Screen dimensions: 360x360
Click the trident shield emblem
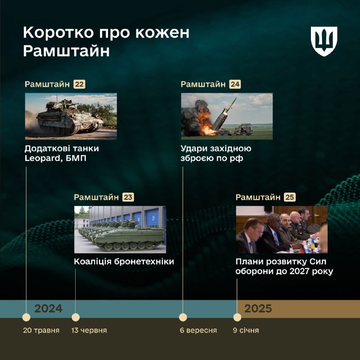[324, 41]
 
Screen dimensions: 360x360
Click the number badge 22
[79, 84]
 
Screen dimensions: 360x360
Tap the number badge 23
[128, 197]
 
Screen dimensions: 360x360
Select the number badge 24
[234, 84]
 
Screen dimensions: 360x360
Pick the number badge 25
[290, 197]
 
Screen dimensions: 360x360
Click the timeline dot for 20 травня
[26, 317]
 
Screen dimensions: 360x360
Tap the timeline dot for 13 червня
[76, 317]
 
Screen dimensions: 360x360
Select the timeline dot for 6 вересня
[183, 317]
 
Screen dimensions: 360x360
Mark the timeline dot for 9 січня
[237, 317]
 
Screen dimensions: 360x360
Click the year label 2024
[48, 309]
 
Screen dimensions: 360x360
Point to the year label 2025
[258, 309]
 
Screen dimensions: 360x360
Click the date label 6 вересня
[198, 330]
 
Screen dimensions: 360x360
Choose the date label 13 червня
[89, 330]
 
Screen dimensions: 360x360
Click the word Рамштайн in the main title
[66, 51]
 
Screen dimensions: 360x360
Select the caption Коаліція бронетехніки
[124, 261]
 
